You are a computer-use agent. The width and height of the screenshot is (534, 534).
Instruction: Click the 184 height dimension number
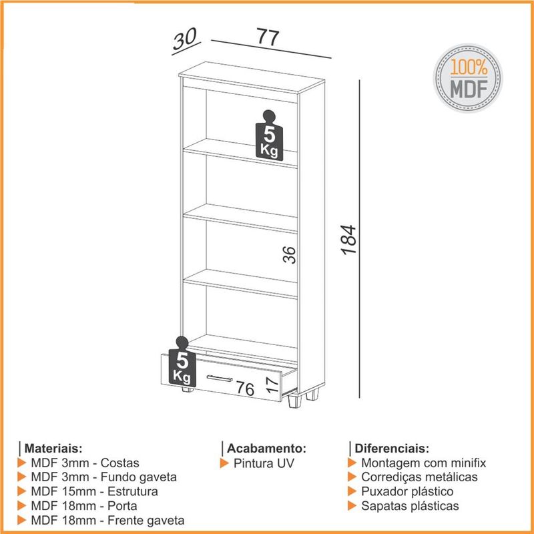point(348,240)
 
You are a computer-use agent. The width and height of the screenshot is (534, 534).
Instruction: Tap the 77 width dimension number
point(268,37)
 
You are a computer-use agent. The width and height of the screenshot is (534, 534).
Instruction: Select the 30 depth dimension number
point(185,39)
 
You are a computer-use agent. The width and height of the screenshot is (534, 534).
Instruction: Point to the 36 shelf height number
point(289,255)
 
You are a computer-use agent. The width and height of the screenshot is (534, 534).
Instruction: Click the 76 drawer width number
point(245,388)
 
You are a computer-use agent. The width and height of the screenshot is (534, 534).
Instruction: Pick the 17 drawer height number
point(272,384)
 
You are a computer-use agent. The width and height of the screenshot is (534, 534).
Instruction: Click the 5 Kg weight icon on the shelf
point(269,136)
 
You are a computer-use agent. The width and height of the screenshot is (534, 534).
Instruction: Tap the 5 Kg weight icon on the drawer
point(182,362)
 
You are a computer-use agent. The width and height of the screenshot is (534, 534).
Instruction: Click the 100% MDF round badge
point(468,78)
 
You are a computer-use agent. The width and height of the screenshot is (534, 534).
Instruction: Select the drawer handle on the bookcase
point(220,378)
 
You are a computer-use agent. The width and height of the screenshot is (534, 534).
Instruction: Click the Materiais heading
point(53,448)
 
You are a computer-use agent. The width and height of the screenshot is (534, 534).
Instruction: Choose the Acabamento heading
point(266,448)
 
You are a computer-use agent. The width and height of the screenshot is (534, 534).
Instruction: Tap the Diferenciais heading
point(392,448)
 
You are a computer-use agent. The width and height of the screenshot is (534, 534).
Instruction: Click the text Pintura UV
point(263,463)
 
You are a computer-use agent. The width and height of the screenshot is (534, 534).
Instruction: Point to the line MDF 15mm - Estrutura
point(94,491)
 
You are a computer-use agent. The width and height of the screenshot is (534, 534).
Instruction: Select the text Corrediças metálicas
point(419,477)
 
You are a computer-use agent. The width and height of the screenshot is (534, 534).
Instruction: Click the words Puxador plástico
point(407,491)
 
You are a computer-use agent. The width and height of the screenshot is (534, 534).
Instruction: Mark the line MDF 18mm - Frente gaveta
point(107,521)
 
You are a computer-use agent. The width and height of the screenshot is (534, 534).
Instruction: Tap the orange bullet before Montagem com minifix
point(352,463)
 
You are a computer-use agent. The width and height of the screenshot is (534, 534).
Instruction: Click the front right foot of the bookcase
point(294,401)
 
